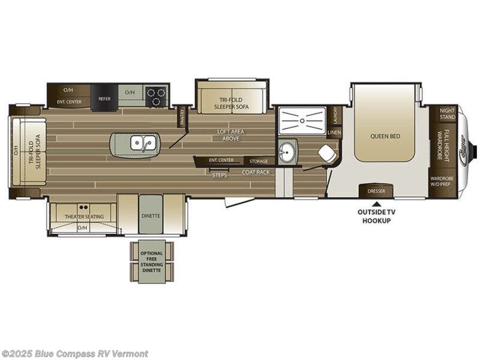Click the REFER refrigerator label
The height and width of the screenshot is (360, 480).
(104, 99)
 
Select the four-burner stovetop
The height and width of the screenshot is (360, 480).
(157, 97)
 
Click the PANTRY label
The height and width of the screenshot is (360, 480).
(182, 116)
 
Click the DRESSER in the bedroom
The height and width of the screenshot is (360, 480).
(376, 191)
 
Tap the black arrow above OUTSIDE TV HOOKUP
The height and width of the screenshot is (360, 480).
(376, 204)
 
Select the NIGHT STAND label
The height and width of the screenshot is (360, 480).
(447, 113)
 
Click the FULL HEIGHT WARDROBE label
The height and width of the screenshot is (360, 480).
(443, 145)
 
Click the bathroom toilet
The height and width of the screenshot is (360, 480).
(327, 154)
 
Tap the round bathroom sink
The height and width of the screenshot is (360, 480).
(286, 152)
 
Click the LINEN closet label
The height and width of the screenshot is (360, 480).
(334, 132)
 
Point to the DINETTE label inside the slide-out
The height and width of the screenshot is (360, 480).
(151, 216)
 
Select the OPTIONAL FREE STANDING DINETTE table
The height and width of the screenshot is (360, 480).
(151, 262)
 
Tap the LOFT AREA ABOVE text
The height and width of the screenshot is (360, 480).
(231, 134)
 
